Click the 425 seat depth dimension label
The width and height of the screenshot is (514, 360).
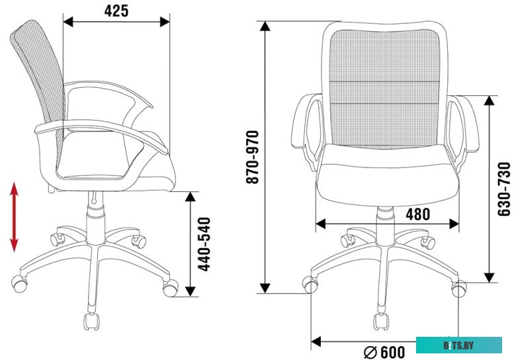pos(116,11)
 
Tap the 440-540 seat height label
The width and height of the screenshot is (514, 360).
pos(204,244)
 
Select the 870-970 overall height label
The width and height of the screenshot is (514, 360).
pos(253,157)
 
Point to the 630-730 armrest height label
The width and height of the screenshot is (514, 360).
pos(504,189)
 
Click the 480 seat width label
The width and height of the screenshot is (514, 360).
pos(418,214)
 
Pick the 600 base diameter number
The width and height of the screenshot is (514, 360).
pos(393,352)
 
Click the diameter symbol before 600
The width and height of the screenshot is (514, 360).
pos(370,353)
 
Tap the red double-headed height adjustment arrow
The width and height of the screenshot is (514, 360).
pos(14,217)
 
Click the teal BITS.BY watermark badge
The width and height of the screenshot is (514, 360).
pos(459,345)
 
